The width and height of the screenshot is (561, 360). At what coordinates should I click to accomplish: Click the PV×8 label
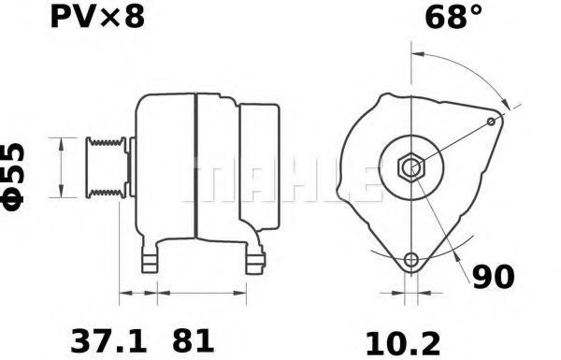pos(97,17)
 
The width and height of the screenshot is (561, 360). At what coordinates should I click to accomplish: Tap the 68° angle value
pos(453,17)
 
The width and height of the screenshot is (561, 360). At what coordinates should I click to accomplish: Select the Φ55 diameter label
pos(14,177)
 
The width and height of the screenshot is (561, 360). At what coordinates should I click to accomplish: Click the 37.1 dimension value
pos(108,341)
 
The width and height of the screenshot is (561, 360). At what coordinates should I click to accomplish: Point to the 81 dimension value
pos(194,341)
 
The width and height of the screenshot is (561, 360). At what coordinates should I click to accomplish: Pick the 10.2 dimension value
pos(403,344)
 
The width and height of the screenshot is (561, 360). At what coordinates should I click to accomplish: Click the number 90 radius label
pos(494,277)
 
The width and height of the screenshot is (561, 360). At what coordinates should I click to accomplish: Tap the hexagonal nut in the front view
pos(411,166)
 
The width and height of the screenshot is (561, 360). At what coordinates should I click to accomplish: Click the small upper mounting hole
pos(492,122)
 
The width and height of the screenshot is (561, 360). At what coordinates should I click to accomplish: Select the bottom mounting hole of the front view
pos(411,259)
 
